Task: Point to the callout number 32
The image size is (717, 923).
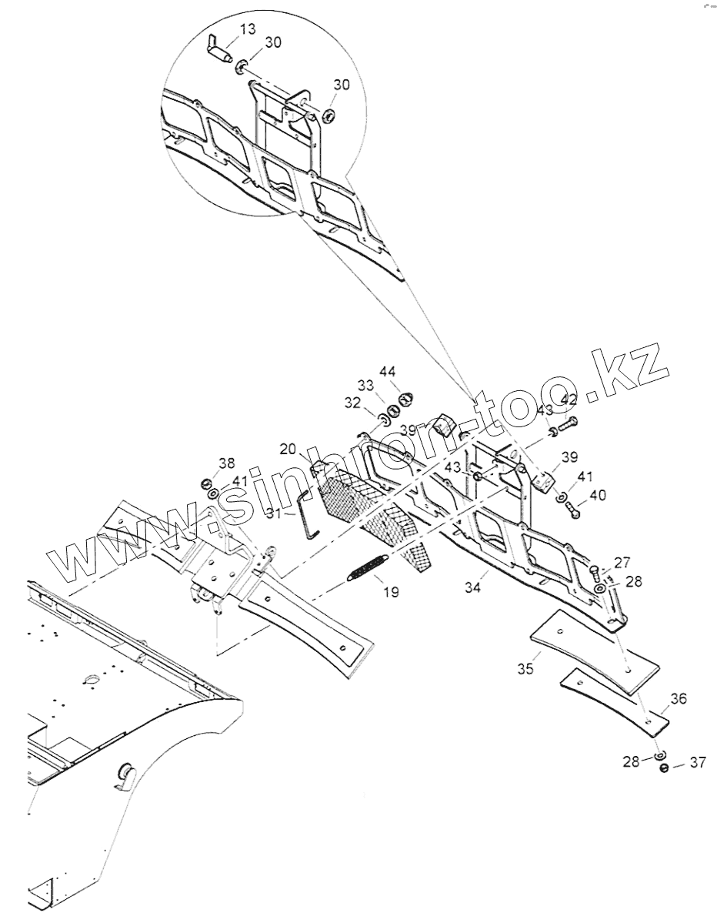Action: [x=352, y=402]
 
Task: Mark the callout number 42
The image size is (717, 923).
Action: [x=569, y=399]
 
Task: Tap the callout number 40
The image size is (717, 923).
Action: [x=597, y=494]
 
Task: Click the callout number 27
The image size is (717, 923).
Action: [x=621, y=562]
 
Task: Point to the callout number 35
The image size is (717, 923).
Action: [x=525, y=668]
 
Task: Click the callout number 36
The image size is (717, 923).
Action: [x=679, y=699]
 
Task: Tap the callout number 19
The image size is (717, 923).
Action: [x=391, y=593]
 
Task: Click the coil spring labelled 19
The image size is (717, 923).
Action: [x=369, y=567]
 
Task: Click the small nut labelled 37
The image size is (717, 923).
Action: [x=665, y=767]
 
